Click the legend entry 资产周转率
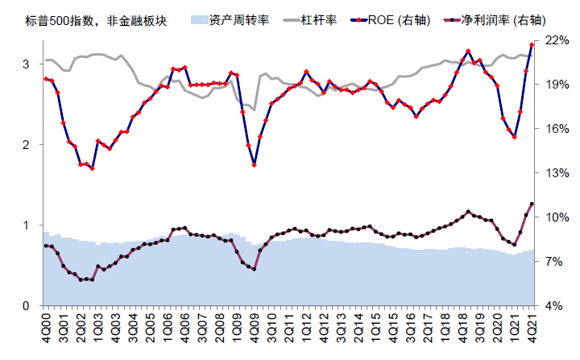[x=234, y=19]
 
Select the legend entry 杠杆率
[x=307, y=19]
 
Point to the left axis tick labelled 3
[x=27, y=64]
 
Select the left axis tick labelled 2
[x=27, y=145]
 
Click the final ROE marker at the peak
[x=532, y=44]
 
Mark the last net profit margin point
[x=532, y=204]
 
